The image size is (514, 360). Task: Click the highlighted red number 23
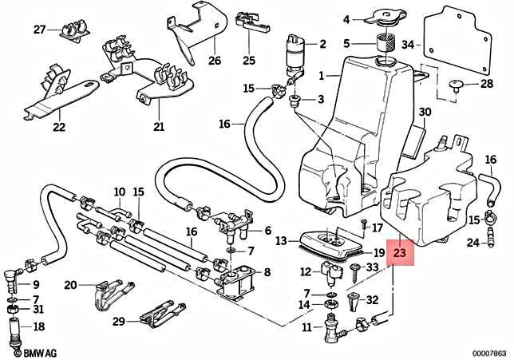(399, 254)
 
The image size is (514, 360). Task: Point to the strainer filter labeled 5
(386, 45)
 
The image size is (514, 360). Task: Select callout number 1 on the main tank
(322, 77)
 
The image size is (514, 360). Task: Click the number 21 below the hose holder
(158, 127)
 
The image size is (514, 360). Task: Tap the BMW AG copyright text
(29, 351)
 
